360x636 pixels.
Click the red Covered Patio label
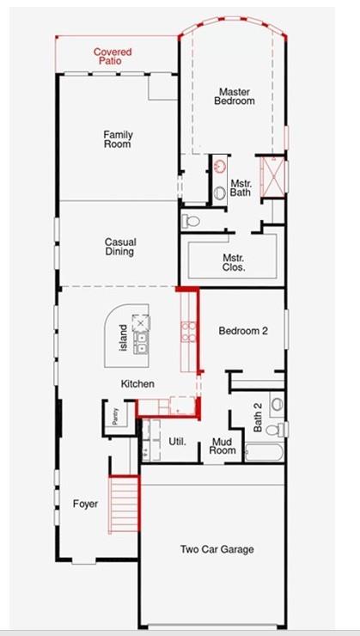[113, 57]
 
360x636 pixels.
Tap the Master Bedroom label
[235, 96]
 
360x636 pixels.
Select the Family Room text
[118, 138]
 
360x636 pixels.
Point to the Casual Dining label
[120, 247]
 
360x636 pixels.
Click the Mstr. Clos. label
[234, 262]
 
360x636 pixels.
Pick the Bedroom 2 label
[243, 331]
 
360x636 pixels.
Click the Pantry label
[115, 416]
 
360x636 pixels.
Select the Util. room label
[178, 442]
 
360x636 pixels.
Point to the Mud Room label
[224, 446]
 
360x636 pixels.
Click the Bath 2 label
[258, 418]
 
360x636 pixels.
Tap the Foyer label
[85, 505]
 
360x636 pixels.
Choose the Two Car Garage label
[217, 549]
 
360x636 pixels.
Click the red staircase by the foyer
[124, 504]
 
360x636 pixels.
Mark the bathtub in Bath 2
[264, 452]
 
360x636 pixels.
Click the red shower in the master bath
[272, 176]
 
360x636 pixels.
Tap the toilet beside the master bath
[192, 221]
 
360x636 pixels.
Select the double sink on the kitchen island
[141, 343]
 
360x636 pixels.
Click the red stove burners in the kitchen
[188, 332]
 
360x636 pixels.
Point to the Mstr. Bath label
[241, 188]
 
